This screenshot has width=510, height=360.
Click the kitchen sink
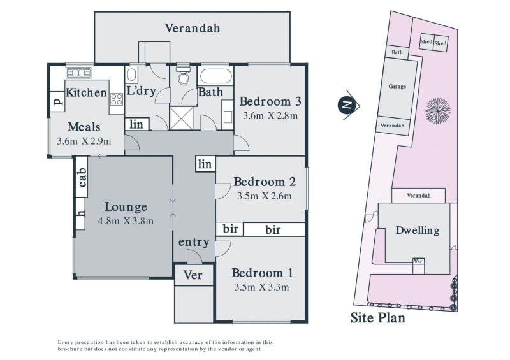click(x=78, y=73)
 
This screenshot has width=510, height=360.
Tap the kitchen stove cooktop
click(x=117, y=99)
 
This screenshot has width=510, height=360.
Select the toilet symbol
click(x=184, y=75)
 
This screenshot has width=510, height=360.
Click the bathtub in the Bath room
click(x=216, y=76)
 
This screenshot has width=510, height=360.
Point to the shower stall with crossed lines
click(x=182, y=119)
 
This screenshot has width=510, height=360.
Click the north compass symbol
click(x=348, y=104)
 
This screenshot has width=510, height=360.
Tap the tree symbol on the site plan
click(x=438, y=111)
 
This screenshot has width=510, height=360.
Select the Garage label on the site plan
click(x=397, y=87)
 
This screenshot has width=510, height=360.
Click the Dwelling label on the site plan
click(x=418, y=231)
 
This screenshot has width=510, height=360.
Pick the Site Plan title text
click(x=378, y=318)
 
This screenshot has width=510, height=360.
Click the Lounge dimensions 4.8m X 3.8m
click(x=126, y=221)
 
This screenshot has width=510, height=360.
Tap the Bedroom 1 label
click(x=263, y=273)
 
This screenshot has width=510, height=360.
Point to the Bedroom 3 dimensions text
click(x=270, y=116)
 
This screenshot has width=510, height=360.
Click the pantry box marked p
click(x=57, y=102)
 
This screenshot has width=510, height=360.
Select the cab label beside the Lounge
click(x=82, y=177)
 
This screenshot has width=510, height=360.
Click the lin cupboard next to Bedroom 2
click(x=205, y=164)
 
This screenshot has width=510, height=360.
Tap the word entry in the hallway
click(x=194, y=242)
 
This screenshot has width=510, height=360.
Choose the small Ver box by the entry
click(x=194, y=275)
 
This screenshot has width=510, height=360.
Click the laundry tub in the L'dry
click(x=131, y=75)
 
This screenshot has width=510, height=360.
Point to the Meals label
click(x=84, y=127)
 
